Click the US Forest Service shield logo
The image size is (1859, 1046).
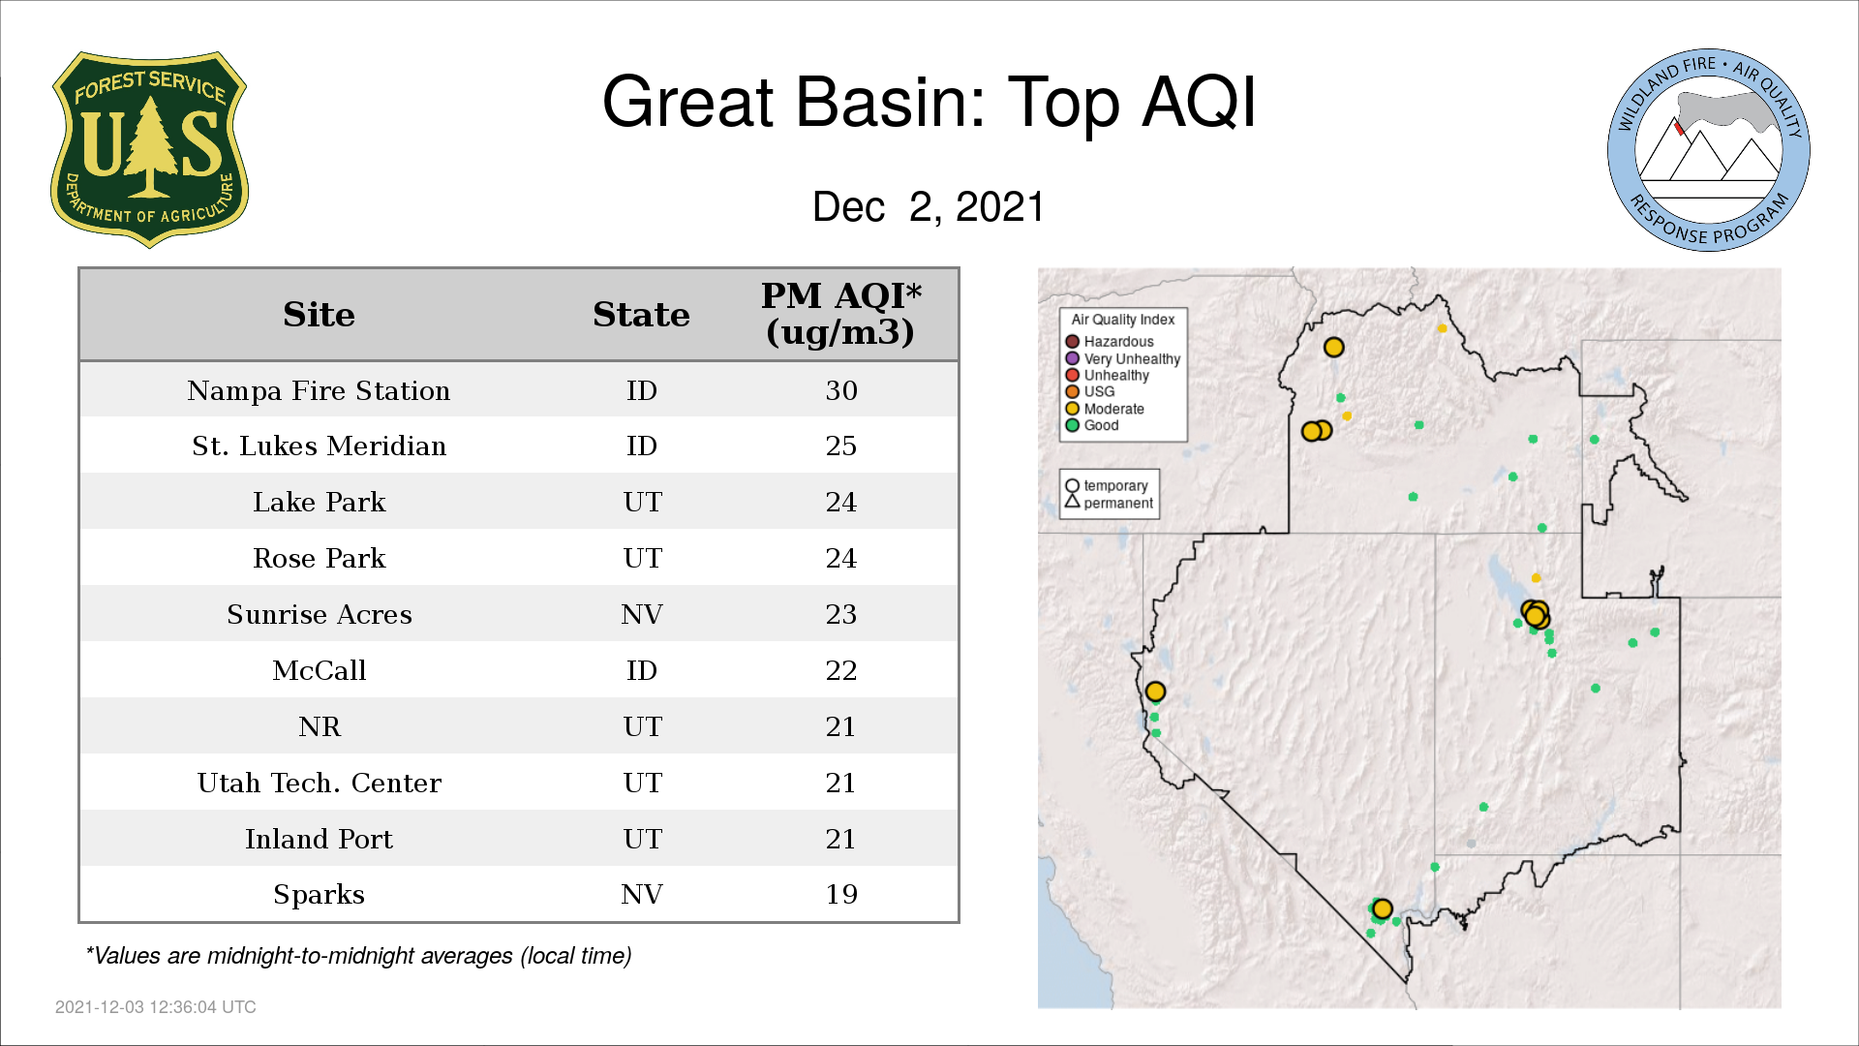149,150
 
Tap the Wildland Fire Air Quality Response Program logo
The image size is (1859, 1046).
1709,150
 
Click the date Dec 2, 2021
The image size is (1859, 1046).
929,206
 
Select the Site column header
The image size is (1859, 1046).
319,315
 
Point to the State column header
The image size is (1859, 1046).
641,315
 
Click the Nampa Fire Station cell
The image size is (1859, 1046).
319,390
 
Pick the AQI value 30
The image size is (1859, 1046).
841,390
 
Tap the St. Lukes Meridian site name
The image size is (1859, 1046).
319,446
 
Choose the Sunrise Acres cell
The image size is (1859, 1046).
319,615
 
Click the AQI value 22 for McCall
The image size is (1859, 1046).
841,670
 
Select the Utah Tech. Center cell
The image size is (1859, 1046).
319,783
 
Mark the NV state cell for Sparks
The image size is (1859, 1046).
642,894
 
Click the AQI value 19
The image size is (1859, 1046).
841,894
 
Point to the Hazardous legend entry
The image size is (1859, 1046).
1110,342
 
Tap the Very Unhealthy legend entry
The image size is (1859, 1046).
1123,358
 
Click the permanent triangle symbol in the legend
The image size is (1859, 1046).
1072,502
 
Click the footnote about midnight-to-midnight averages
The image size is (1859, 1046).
358,956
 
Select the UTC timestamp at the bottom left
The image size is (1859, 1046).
156,1007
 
